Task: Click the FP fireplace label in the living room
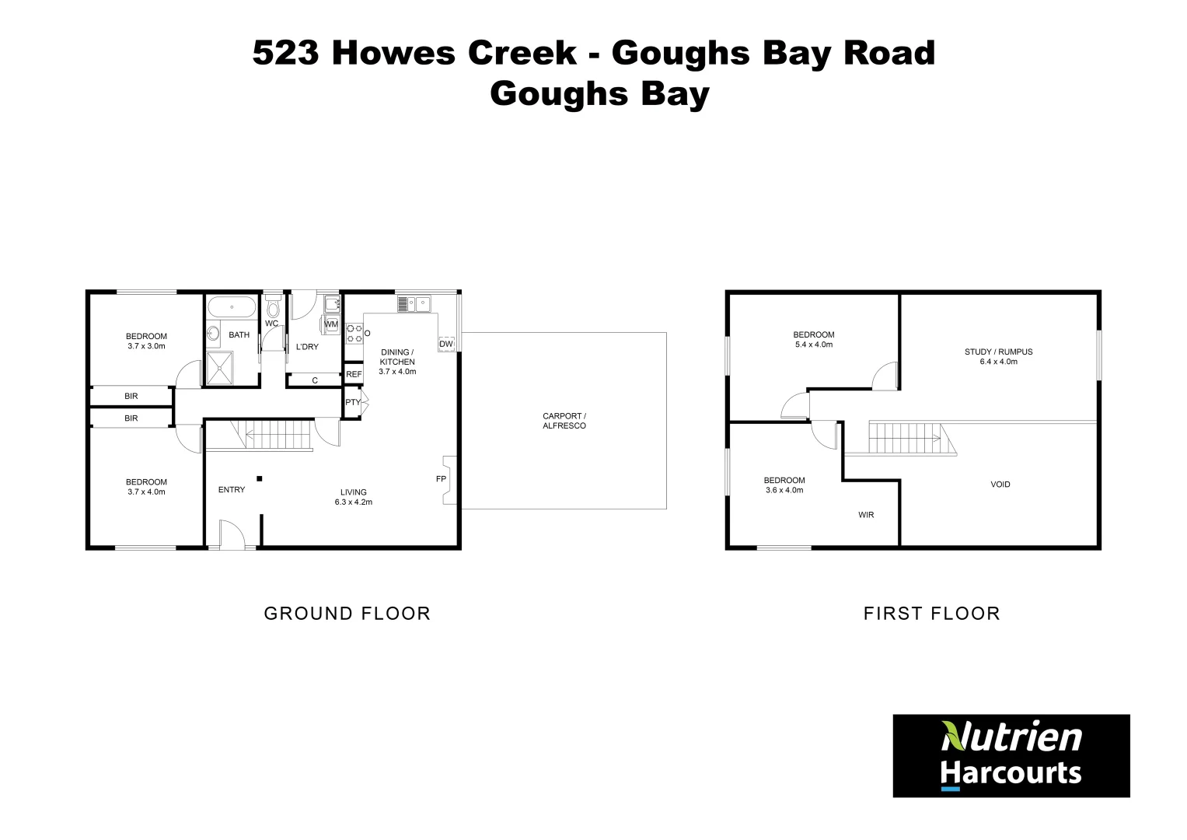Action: [x=441, y=479]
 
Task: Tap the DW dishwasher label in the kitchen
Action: [x=445, y=344]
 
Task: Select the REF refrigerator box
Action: [x=354, y=374]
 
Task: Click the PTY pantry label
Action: [x=353, y=402]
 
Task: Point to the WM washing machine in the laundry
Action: [x=331, y=324]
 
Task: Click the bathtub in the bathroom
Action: [x=232, y=307]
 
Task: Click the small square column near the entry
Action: [x=260, y=478]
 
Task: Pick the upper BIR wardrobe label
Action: [x=131, y=396]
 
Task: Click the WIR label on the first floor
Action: [x=866, y=515]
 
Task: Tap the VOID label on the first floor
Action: [x=1000, y=485]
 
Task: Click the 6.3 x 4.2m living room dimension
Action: [x=353, y=502]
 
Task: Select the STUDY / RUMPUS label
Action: [x=998, y=352]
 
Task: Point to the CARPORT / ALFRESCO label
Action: [x=564, y=421]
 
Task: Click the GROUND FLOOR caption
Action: [x=347, y=614]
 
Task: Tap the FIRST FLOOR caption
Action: [x=931, y=614]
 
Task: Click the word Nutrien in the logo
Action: [x=1011, y=737]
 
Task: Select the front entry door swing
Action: [x=231, y=535]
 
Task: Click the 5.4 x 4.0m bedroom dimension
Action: [x=813, y=345]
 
